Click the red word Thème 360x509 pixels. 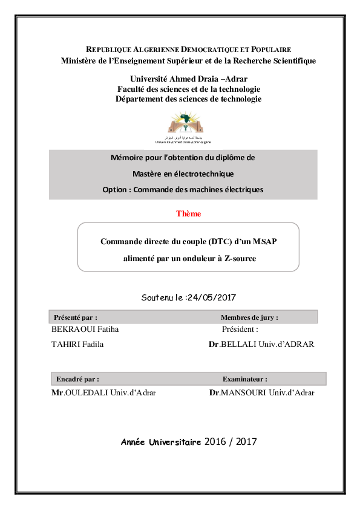188,213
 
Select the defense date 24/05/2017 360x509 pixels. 211,297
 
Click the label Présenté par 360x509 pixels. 76,317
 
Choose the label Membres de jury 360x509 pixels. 249,317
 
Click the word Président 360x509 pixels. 240,329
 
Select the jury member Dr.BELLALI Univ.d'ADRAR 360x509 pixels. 261,344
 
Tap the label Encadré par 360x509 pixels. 77,379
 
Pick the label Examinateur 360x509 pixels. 244,379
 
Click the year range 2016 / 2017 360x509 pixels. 231,442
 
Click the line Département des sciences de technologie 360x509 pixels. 188,99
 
